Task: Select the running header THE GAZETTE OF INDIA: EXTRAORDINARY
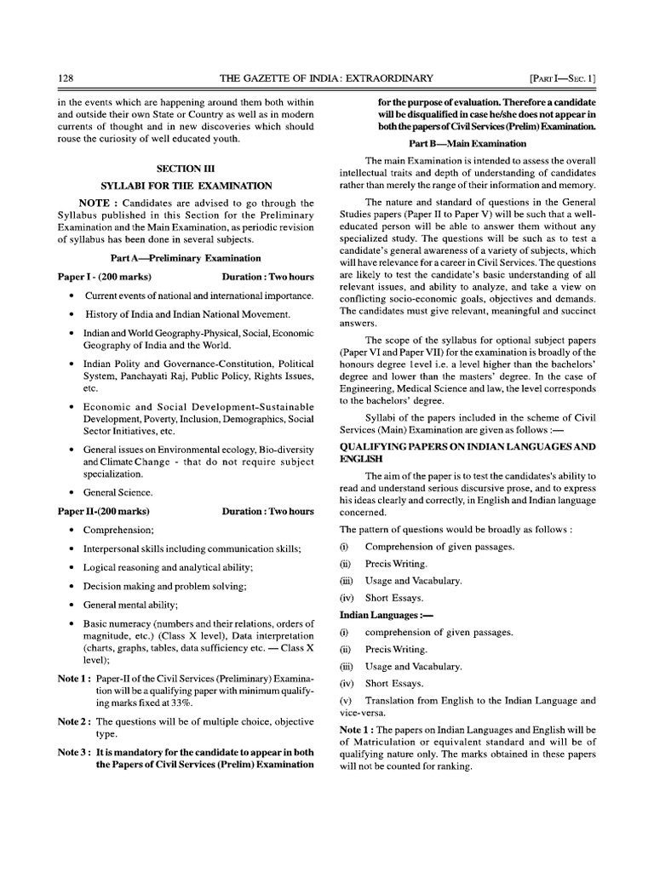pyautogui.click(x=326, y=78)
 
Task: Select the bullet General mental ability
pyautogui.click(x=130, y=605)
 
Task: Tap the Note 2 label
pyautogui.click(x=74, y=721)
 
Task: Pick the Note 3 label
pyautogui.click(x=74, y=752)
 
